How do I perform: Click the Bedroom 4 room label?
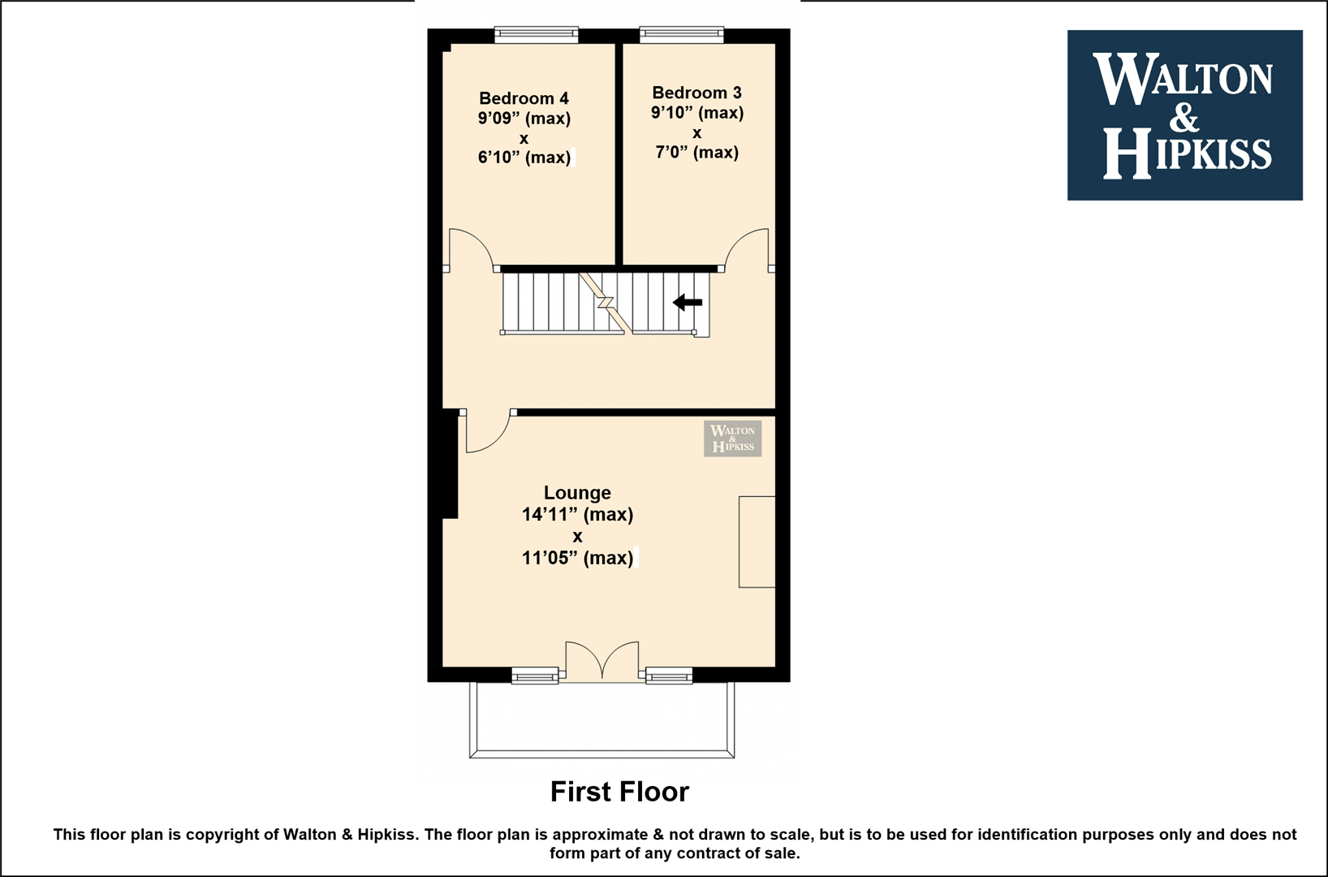(524, 97)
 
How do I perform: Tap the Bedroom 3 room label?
(696, 93)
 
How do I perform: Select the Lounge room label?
(577, 493)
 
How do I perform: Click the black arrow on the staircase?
(687, 302)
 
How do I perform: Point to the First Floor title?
(619, 792)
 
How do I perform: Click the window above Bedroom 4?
(537, 34)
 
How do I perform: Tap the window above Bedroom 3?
(682, 34)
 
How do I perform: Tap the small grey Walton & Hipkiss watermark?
(733, 438)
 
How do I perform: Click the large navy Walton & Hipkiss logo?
(1185, 115)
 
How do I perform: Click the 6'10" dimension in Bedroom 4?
(499, 158)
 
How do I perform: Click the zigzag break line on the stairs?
(605, 303)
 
